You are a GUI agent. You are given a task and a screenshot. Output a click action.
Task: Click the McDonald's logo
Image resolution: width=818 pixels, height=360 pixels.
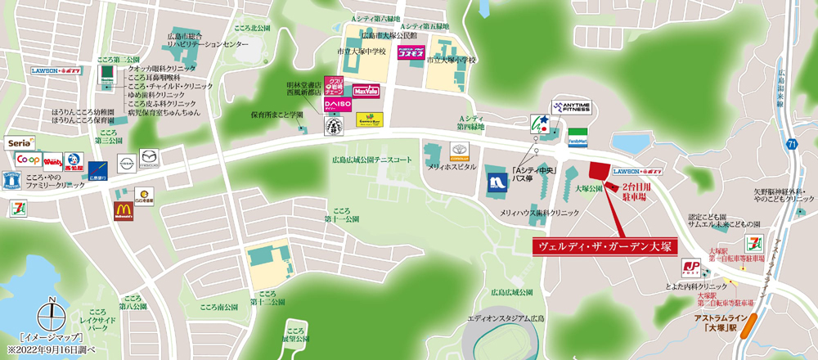click(x=124, y=210)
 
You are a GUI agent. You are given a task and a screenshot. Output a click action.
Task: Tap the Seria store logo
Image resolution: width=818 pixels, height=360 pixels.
click(x=20, y=142)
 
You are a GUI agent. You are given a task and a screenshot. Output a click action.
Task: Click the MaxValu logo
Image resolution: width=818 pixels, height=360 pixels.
click(x=365, y=91)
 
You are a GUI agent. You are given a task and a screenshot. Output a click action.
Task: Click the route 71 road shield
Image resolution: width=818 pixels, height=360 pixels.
click(x=792, y=145)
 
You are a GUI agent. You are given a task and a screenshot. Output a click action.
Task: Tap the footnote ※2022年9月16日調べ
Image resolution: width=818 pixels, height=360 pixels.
click(x=52, y=349)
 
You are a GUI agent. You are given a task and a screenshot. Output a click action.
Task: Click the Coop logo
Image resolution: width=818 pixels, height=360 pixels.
click(x=29, y=158)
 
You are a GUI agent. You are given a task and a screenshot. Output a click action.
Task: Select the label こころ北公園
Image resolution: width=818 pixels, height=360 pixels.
click(x=249, y=28)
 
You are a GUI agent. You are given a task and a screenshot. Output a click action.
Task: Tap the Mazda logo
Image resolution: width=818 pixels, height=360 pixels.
click(x=149, y=158)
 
